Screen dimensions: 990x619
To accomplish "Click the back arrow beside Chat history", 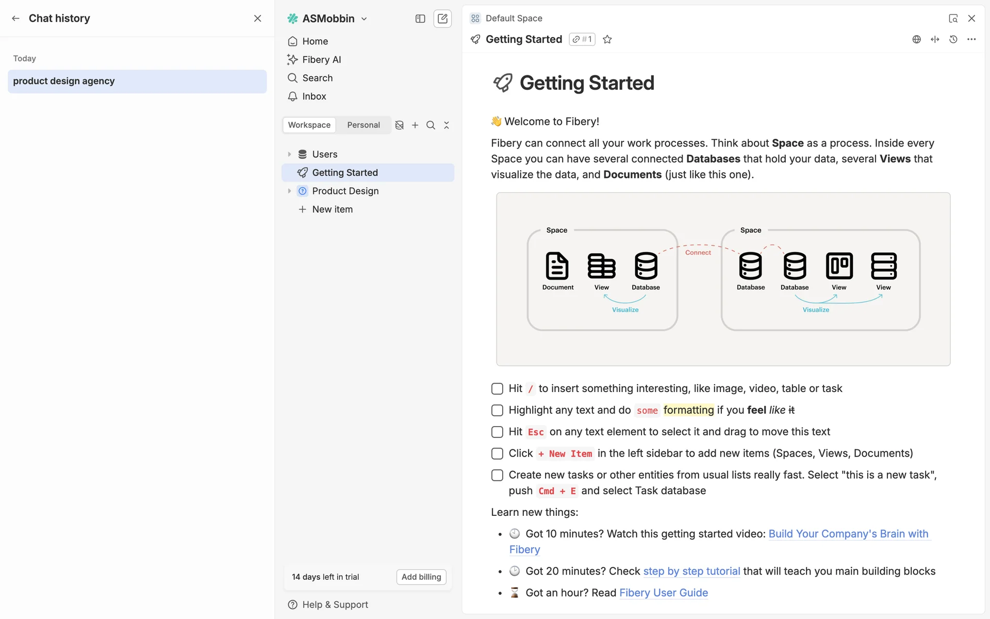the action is coord(16,19).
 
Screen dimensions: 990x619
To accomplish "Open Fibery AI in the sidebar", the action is coord(321,60).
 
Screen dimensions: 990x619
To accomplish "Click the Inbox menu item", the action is coord(314,96).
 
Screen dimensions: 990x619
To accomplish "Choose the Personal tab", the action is coord(364,125).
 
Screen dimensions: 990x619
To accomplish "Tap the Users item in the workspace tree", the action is coord(324,154).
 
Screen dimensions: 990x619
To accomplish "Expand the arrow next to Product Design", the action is coord(289,191).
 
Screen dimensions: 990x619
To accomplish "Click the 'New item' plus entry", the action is coord(332,209).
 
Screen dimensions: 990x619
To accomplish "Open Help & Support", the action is coord(335,605).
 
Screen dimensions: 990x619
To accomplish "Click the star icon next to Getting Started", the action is coord(607,40).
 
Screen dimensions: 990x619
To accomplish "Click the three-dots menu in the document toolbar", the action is coord(971,40).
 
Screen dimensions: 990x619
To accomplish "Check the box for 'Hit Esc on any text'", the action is coord(497,432).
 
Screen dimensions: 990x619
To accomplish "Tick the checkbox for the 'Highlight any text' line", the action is coord(497,411).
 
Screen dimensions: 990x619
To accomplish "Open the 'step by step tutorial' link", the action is coord(691,572).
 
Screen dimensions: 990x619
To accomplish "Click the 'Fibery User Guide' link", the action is coord(664,593).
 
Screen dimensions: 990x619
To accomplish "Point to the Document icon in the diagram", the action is coord(557,266).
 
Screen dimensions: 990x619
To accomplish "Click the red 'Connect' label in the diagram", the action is coord(698,253).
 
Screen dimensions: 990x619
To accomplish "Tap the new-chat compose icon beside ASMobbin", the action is coord(442,19).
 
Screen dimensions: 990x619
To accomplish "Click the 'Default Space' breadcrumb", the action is coord(514,19).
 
